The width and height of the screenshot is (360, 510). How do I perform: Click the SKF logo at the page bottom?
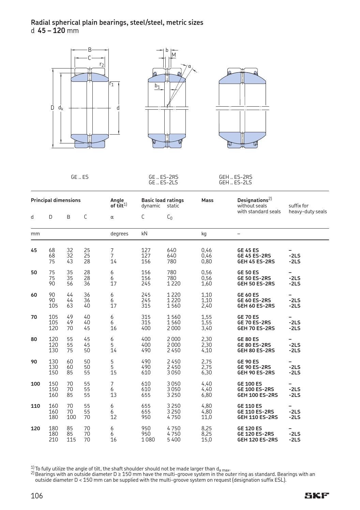click(317, 495)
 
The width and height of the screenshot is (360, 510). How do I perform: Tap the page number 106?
click(37, 496)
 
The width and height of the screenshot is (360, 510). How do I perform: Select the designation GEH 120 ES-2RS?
click(257, 439)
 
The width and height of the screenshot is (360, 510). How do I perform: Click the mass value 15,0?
click(206, 439)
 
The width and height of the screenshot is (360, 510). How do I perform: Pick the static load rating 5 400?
click(174, 439)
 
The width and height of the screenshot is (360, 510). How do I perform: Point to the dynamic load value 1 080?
click(148, 439)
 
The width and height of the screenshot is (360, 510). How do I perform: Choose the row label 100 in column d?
click(35, 384)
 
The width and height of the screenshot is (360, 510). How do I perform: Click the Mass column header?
click(207, 200)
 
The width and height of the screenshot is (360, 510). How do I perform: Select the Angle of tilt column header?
click(118, 203)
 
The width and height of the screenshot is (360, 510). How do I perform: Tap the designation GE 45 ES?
click(248, 250)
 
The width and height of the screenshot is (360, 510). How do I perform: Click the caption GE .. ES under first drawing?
click(79, 177)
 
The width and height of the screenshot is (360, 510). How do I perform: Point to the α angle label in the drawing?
click(190, 66)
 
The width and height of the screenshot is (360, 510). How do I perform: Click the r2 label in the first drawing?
click(102, 64)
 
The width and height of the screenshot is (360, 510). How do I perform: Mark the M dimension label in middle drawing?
click(174, 55)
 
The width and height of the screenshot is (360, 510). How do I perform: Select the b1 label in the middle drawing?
click(157, 86)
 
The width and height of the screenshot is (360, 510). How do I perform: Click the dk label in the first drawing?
click(61, 108)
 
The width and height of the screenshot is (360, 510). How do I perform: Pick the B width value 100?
click(71, 417)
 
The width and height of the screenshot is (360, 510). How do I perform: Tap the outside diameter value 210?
click(53, 439)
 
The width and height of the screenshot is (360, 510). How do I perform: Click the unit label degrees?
click(119, 234)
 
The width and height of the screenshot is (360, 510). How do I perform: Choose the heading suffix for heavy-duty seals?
click(307, 208)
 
